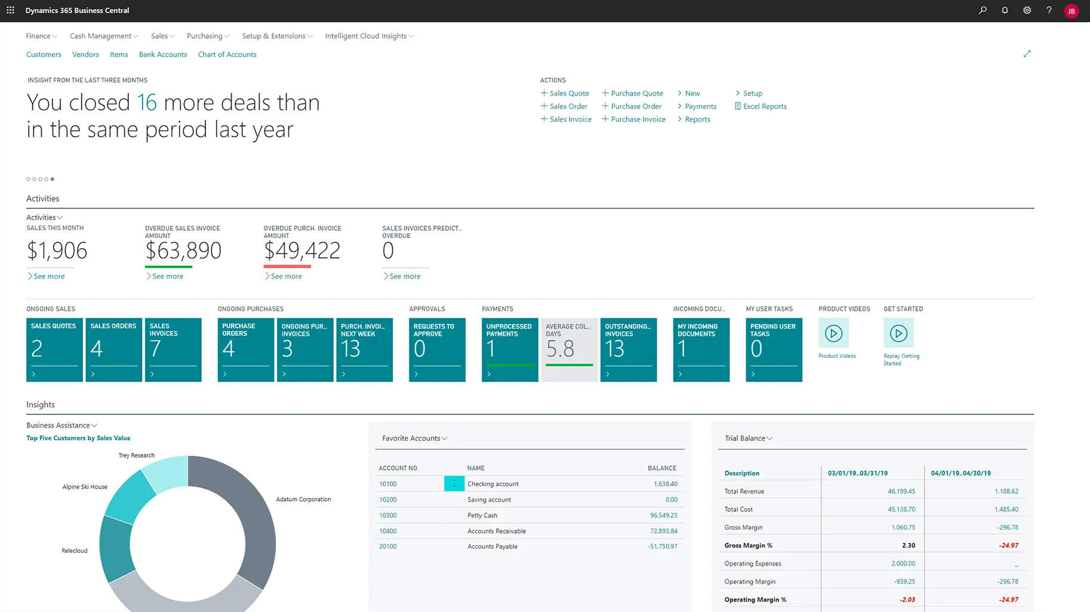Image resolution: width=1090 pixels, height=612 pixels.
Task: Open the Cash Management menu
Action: pos(103,36)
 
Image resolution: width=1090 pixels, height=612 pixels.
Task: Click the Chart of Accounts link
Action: pos(227,54)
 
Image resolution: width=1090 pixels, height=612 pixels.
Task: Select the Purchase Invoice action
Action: pos(638,119)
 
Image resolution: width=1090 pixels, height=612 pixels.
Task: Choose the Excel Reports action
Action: pos(764,106)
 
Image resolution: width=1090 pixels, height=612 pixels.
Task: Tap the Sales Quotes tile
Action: pos(54,349)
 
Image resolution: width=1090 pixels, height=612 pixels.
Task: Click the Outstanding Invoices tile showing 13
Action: pos(628,349)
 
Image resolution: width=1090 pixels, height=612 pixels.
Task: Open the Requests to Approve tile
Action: pos(437,349)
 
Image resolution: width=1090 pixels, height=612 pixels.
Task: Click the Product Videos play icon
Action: pos(833,333)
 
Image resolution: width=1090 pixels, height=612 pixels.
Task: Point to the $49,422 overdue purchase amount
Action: pos(302,251)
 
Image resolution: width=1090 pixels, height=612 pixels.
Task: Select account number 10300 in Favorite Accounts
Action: pos(388,515)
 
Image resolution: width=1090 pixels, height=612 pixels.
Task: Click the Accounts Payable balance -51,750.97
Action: pos(663,546)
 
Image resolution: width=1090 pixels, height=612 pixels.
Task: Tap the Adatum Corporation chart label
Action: pos(303,499)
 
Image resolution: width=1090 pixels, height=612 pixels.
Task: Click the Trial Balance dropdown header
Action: pos(748,438)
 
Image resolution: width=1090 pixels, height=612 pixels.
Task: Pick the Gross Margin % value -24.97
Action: pos(1008,545)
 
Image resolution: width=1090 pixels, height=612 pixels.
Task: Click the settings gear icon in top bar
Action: pos(1027,10)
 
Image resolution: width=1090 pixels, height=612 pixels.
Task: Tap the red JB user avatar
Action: pos(1071,11)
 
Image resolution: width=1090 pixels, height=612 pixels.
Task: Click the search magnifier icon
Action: pos(983,10)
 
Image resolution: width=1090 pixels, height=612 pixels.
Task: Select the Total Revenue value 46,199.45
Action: pos(901,492)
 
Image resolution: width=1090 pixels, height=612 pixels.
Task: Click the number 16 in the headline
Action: pos(147,103)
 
